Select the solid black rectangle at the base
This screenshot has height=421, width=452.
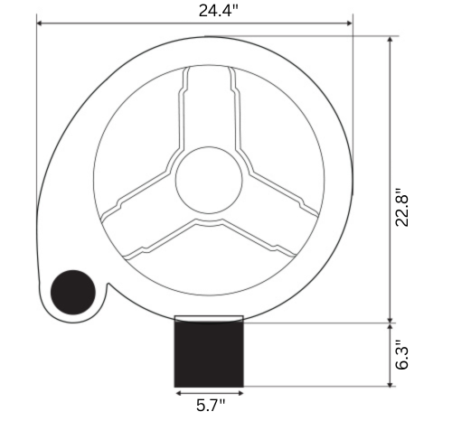(209, 354)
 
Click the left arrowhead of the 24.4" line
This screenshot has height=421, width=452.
(40, 23)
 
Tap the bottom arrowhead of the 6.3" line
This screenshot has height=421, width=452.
(390, 384)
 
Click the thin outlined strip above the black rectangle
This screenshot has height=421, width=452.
(209, 318)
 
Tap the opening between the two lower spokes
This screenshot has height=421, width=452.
(209, 262)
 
